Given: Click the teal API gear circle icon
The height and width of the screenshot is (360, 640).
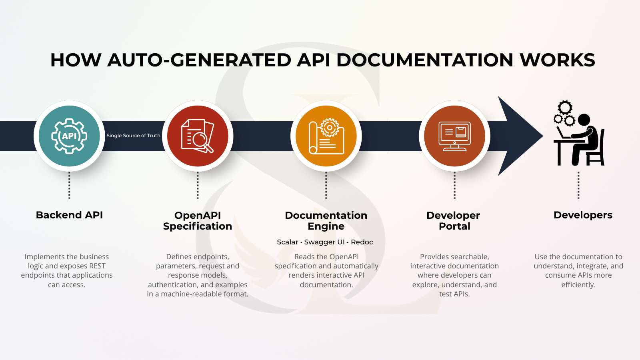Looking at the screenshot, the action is [69, 136].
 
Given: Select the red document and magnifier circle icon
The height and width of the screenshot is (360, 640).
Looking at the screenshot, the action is [198, 136].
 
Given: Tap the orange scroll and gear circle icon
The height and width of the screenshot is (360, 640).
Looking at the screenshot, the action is [326, 136].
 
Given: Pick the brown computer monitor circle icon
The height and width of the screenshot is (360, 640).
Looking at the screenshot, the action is [454, 136].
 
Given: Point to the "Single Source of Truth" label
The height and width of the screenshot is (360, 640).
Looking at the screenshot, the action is [134, 136].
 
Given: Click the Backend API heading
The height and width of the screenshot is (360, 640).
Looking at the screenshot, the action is [69, 215].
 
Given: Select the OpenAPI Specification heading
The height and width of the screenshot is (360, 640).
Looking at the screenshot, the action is [198, 221].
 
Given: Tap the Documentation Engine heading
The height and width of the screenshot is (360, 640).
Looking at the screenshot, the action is [326, 221].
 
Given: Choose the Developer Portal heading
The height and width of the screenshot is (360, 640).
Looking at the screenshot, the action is [453, 221].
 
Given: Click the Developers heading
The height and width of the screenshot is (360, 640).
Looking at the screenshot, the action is [583, 215].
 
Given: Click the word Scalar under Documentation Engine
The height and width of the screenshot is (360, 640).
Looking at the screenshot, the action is [288, 242].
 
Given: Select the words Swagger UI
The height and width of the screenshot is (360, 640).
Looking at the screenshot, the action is [324, 242].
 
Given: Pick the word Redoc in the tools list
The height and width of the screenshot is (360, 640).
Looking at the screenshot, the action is [362, 242].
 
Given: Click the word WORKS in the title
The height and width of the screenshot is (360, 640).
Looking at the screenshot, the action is [558, 60].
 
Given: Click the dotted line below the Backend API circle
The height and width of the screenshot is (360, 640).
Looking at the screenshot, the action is [69, 185].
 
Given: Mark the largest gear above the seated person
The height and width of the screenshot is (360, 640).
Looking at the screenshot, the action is [565, 108].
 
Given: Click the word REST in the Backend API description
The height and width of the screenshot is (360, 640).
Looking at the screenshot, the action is [98, 266].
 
